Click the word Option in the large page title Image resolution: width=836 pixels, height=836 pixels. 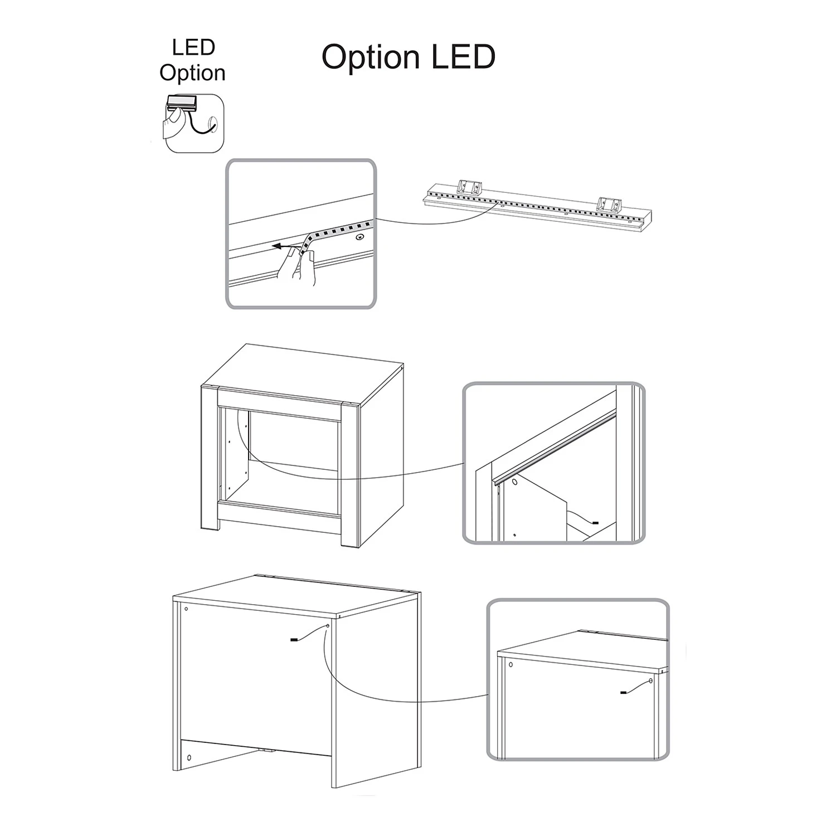[371, 57]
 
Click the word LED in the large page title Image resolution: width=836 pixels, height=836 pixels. [463, 57]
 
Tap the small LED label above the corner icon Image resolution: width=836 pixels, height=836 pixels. [193, 47]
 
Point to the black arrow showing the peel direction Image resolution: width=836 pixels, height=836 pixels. [288, 244]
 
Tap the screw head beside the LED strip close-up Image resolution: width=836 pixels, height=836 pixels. [359, 237]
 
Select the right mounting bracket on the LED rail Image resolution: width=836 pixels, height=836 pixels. [608, 205]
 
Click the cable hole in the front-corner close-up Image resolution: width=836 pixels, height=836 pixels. [514, 480]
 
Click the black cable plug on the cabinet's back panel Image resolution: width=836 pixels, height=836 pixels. [294, 640]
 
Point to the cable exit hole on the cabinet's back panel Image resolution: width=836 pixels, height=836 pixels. [327, 626]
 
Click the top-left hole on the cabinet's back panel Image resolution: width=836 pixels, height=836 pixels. [186, 608]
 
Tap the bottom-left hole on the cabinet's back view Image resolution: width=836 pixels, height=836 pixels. [188, 758]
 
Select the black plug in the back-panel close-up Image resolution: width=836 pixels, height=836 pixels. [623, 692]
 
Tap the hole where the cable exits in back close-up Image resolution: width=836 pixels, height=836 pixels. [650, 681]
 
